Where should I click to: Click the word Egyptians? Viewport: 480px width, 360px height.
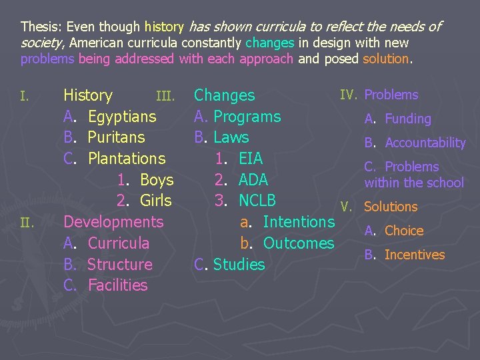click(x=122, y=117)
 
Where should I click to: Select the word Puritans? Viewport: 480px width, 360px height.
click(x=117, y=137)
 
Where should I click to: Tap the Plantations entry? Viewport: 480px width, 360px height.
click(x=127, y=159)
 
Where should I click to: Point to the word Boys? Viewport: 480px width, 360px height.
click(x=157, y=180)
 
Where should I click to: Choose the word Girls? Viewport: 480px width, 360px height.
click(x=156, y=201)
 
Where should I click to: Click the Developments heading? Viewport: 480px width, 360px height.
click(x=113, y=222)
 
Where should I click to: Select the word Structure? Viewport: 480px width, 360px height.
click(x=120, y=265)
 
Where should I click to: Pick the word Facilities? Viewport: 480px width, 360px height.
click(x=117, y=285)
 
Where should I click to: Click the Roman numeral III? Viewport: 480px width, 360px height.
click(x=165, y=97)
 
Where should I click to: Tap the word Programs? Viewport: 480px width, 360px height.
click(x=247, y=117)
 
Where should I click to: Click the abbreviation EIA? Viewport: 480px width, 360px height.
click(x=251, y=159)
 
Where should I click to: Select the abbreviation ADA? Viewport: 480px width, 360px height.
click(x=253, y=180)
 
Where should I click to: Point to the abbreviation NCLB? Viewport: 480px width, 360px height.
click(x=257, y=201)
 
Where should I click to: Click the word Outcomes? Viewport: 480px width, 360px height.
click(x=299, y=243)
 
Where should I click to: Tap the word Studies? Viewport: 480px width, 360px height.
click(x=239, y=265)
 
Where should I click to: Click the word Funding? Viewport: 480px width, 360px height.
click(x=408, y=119)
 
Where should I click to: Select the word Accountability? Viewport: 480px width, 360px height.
click(x=425, y=143)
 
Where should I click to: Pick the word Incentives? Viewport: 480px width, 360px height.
click(x=415, y=255)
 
